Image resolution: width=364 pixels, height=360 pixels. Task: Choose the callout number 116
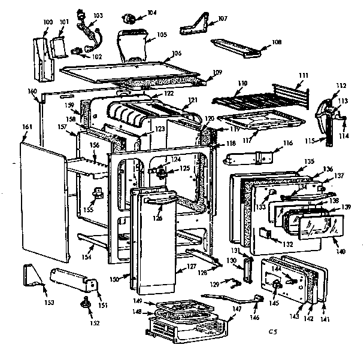tap(288, 144)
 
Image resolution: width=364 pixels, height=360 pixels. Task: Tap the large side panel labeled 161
tap(42, 203)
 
